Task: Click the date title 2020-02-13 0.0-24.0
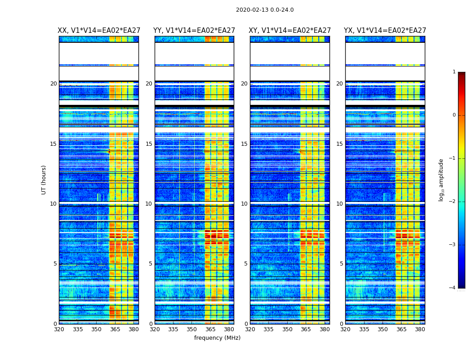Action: pos(265,10)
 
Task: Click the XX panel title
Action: pos(98,31)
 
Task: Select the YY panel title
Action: pos(194,31)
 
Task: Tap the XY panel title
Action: pos(290,31)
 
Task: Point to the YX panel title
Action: pos(385,31)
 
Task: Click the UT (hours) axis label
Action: pos(44,180)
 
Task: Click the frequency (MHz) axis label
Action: pos(217,338)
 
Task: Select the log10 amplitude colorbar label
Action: pos(441,180)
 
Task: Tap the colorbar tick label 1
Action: pos(454,72)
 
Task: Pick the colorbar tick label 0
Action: pos(454,115)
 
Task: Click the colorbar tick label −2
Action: pos(453,202)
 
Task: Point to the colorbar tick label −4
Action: pos(453,288)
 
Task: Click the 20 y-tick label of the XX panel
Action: pos(53,84)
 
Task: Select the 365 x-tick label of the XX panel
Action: pos(115,329)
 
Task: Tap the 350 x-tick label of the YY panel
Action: pos(192,329)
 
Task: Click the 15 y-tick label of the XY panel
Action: pos(245,144)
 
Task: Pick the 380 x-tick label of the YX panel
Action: pos(420,329)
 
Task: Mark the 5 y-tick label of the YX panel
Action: pos(342,264)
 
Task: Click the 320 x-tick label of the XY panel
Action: pos(250,329)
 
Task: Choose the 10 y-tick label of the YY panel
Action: pos(149,204)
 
